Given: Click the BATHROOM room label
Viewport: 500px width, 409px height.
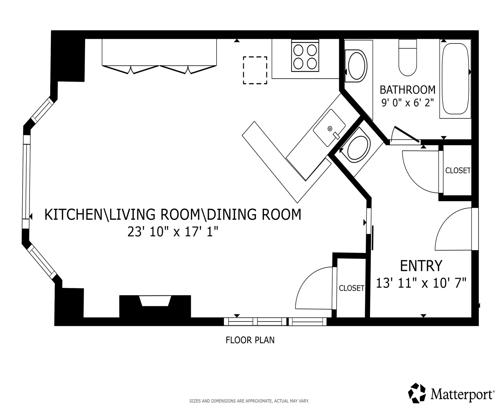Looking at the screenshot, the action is point(408,90).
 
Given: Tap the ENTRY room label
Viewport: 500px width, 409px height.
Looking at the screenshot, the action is point(421,266).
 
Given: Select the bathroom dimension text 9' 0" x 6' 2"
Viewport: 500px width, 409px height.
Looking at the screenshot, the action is point(408,103).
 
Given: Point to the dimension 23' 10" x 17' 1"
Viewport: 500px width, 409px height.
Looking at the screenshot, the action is point(173,232).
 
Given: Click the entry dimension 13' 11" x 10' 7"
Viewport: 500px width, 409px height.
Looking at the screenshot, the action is point(421,283).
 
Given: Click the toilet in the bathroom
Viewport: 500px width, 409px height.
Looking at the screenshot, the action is point(408,57).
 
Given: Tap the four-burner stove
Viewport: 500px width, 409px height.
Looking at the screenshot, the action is point(305,56).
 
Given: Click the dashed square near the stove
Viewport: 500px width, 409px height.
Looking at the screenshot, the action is point(255,70).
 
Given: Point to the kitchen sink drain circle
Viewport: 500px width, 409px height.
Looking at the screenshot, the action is point(330,129).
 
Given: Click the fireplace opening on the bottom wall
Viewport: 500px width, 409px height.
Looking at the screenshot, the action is point(155,301).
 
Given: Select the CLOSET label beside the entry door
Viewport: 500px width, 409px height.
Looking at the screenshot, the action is point(458,170).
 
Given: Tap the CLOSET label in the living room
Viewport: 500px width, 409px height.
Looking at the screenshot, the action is point(351,288).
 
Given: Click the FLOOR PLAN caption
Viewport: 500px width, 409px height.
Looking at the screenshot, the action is point(250,340).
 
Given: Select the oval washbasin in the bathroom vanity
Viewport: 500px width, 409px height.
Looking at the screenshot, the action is point(356,66).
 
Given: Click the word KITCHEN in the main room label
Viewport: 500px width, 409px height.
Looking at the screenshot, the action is point(73,214).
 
